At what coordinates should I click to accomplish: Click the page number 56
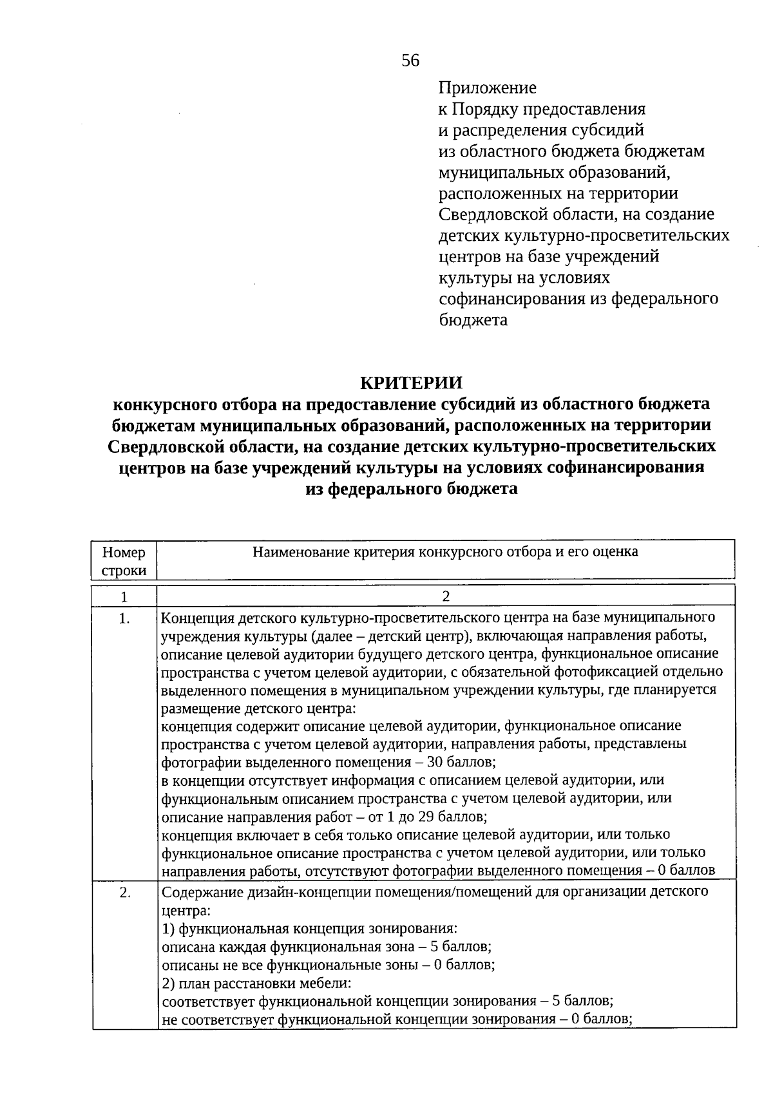pyautogui.click(x=410, y=61)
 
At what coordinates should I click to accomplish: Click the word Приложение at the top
pyautogui.click(x=487, y=88)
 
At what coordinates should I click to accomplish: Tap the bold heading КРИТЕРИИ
pyautogui.click(x=411, y=383)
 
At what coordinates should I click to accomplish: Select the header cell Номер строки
pyautogui.click(x=124, y=561)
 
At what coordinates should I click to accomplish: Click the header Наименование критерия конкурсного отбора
pyautogui.click(x=445, y=552)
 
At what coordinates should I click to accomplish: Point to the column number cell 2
pyautogui.click(x=445, y=596)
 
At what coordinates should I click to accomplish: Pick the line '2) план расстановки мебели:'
pyautogui.click(x=256, y=983)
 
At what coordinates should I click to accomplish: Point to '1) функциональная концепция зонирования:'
pyautogui.click(x=309, y=929)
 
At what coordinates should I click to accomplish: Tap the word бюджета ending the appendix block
pyautogui.click(x=473, y=320)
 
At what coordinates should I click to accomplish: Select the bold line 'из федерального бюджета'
pyautogui.click(x=411, y=489)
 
